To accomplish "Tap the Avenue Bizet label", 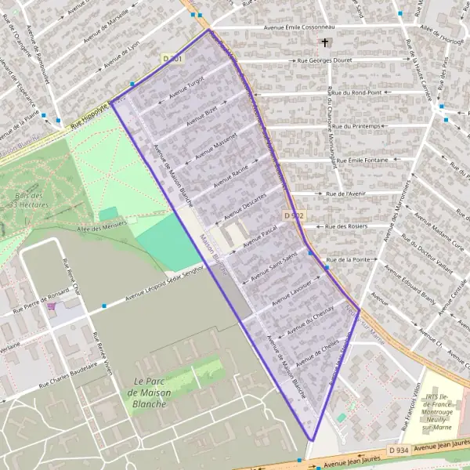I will [200, 115].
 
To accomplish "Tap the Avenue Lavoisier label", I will [291, 291].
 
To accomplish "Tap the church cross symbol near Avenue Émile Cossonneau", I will [324, 44].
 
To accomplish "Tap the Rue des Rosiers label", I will [345, 226].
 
